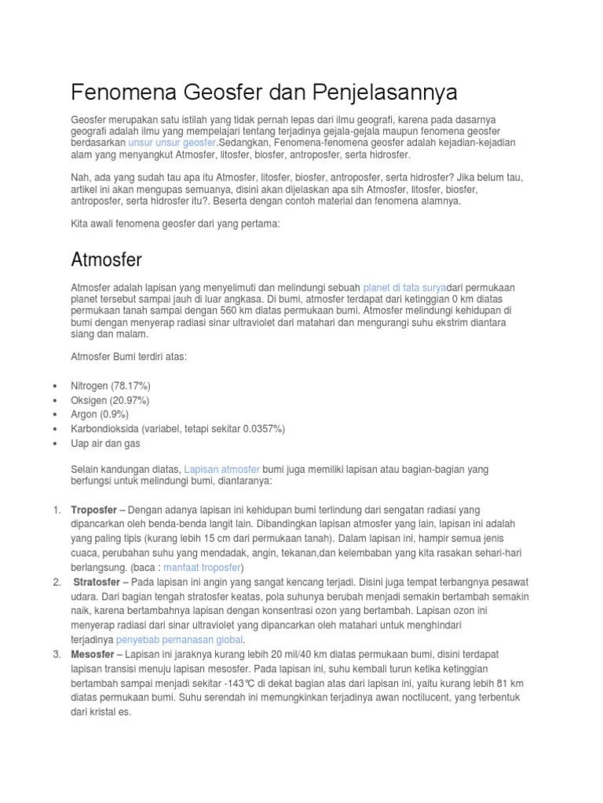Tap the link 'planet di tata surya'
(404, 287)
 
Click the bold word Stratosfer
(100, 582)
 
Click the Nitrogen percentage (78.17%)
(131, 387)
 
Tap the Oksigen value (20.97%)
(128, 401)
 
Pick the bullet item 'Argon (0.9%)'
(100, 414)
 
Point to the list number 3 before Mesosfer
(57, 654)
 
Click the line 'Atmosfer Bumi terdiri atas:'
(130, 358)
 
